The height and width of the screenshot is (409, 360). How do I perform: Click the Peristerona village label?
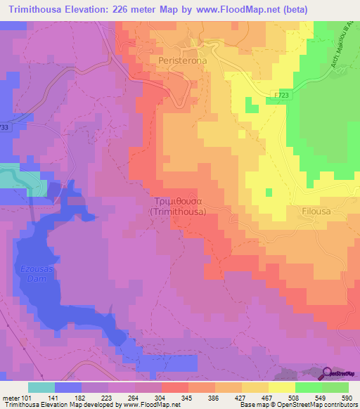pos(182,61)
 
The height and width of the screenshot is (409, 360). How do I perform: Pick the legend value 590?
pos(347,398)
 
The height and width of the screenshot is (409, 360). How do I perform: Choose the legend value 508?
pos(294,398)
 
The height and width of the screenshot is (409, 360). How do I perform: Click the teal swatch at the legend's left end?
pos(41,387)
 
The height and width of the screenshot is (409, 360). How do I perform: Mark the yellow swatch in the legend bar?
pos(282,387)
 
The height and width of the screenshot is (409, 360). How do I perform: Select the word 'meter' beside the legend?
pos(12,398)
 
